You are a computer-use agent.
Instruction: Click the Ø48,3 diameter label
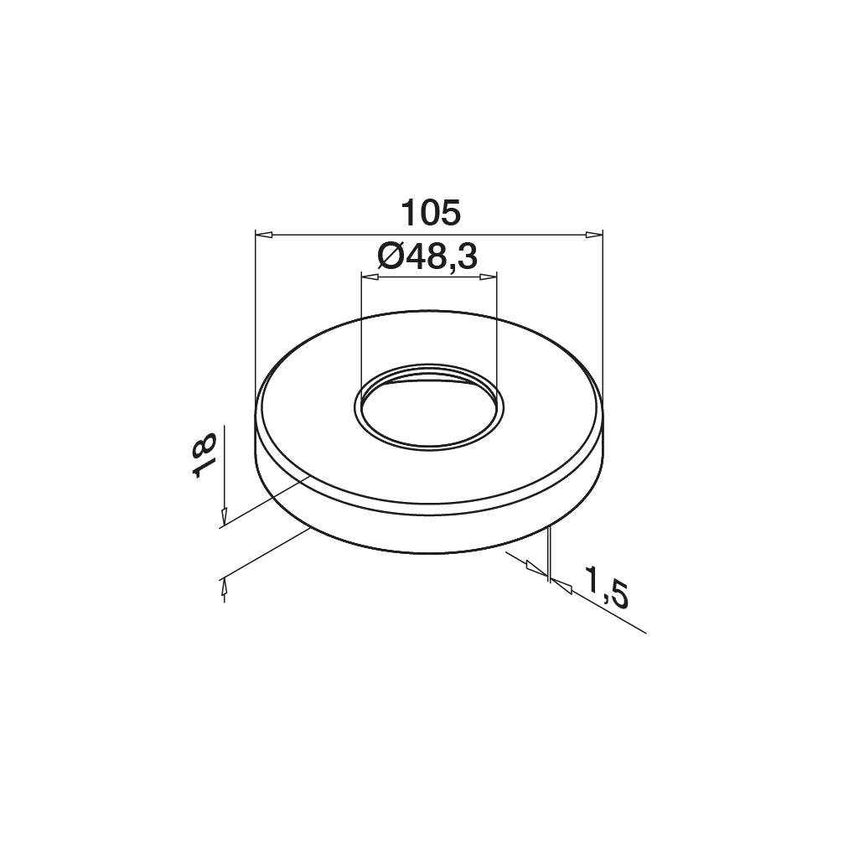[428, 256]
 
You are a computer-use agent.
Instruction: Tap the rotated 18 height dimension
[204, 455]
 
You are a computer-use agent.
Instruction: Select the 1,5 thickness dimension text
[606, 587]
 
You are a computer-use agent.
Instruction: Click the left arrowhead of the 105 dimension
[264, 235]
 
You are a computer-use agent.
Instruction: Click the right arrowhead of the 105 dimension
[594, 235]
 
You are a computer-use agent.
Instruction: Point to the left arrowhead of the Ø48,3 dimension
[370, 277]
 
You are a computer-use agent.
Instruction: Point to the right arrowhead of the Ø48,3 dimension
[488, 277]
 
